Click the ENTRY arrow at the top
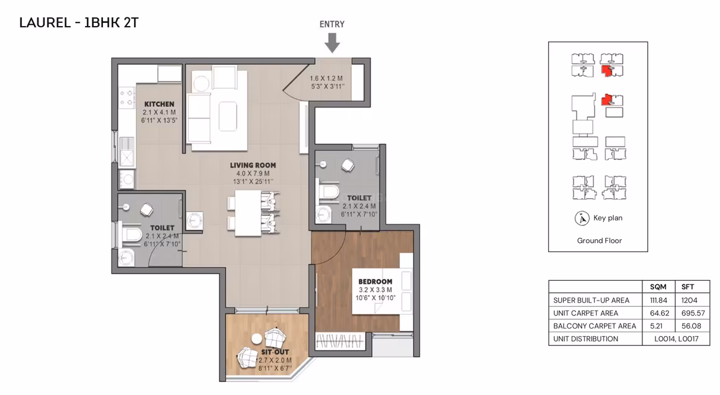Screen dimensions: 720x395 pyautogui.click(x=332, y=43)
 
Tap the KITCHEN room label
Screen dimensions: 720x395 pyautogui.click(x=160, y=104)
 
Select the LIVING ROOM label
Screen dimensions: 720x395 pyautogui.click(x=253, y=165)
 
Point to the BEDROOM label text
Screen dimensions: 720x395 pyautogui.click(x=375, y=281)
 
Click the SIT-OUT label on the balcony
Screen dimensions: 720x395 pyautogui.click(x=275, y=352)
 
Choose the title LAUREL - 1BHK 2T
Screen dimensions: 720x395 pyautogui.click(x=79, y=22)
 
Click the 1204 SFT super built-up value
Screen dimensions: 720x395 pyautogui.click(x=689, y=301)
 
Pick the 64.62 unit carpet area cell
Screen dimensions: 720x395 pyautogui.click(x=659, y=313)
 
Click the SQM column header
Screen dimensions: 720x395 pyautogui.click(x=658, y=287)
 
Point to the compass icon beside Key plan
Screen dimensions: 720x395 pyautogui.click(x=582, y=218)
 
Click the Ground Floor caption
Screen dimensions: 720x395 pyautogui.click(x=599, y=241)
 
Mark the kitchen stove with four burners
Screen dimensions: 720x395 pyautogui.click(x=127, y=98)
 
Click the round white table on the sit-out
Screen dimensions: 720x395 pyautogui.click(x=257, y=339)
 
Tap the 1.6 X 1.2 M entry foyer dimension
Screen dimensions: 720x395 pyautogui.click(x=326, y=78)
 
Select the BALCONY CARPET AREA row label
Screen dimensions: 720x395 pyautogui.click(x=595, y=326)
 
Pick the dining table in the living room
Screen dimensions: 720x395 pyautogui.click(x=248, y=213)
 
